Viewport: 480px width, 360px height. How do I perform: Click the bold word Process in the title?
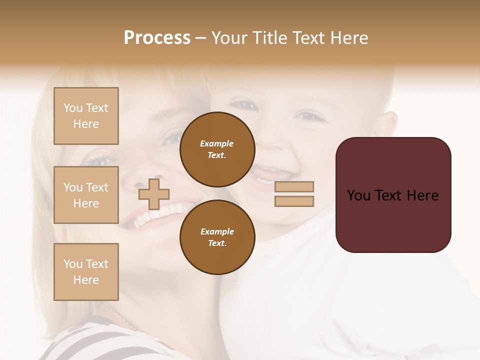click(157, 38)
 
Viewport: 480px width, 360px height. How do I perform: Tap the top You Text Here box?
click(86, 116)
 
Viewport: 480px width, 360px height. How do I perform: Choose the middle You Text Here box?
click(86, 195)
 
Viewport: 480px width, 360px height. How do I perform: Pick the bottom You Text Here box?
click(86, 272)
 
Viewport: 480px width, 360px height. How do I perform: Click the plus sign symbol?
click(154, 194)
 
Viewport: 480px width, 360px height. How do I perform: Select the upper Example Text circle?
click(217, 149)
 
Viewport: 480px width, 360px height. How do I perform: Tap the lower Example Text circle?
click(217, 237)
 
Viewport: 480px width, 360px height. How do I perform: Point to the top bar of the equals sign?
click(294, 186)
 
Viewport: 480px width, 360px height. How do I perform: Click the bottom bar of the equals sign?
click(294, 201)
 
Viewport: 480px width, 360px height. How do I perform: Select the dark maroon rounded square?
click(393, 220)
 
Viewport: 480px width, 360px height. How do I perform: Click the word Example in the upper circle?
click(216, 143)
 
